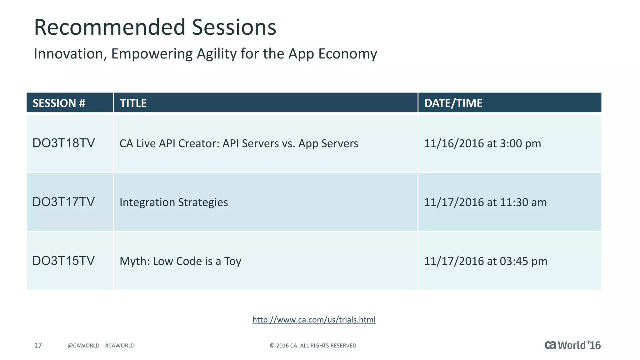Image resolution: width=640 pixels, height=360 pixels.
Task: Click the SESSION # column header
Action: tap(59, 103)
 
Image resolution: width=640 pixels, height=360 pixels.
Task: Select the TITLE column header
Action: tap(133, 103)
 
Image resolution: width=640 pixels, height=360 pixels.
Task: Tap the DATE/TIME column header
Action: tap(453, 103)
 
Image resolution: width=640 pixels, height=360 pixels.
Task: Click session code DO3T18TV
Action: tap(63, 143)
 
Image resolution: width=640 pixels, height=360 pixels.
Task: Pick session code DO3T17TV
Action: tap(63, 202)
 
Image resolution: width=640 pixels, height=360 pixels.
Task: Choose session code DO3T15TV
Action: tap(63, 261)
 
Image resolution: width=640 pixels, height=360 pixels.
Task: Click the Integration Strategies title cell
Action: tap(174, 202)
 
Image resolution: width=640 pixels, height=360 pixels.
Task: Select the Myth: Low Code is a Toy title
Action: tap(180, 261)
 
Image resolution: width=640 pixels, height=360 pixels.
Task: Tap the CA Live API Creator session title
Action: tap(239, 143)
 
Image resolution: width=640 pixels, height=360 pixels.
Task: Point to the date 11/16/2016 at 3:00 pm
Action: tap(482, 143)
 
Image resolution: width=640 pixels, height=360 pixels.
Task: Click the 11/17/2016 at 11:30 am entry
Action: tap(485, 202)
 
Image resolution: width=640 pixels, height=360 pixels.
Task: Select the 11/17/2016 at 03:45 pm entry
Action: tap(485, 261)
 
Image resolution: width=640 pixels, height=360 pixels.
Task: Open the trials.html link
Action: tap(314, 320)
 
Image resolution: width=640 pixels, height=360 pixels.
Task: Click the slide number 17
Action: tap(38, 345)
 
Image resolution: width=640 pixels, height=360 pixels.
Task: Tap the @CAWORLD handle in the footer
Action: tap(83, 345)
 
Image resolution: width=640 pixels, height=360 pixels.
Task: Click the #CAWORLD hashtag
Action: tap(120, 345)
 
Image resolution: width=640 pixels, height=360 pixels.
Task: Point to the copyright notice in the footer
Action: tap(313, 345)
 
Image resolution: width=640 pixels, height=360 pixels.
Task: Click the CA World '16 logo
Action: tap(572, 345)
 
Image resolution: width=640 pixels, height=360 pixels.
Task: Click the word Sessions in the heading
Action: tap(234, 27)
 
